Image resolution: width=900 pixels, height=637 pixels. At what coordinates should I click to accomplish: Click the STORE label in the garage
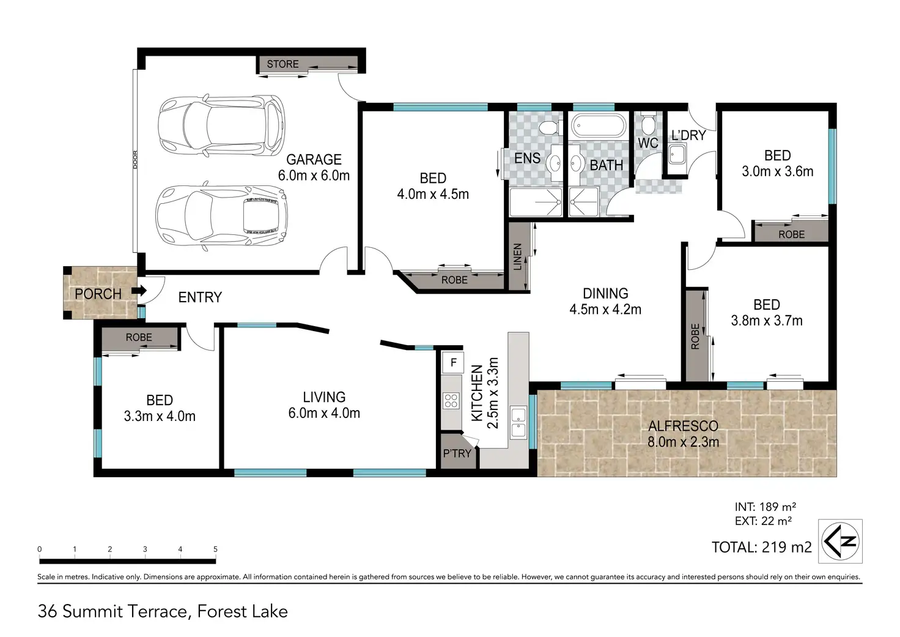(282, 64)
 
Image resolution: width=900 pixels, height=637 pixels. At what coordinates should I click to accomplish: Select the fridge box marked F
(453, 362)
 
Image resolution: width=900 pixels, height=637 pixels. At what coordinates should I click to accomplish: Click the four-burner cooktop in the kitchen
(451, 401)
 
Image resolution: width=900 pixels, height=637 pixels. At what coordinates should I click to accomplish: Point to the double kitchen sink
(518, 422)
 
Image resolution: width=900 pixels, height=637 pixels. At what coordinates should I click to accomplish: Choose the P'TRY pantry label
(457, 453)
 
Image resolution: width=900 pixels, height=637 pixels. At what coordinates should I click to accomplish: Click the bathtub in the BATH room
(599, 126)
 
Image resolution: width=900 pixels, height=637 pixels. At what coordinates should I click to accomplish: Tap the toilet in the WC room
(647, 125)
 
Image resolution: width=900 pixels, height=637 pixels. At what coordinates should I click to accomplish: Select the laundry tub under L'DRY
(677, 155)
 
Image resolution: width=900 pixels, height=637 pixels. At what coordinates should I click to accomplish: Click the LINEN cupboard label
(517, 256)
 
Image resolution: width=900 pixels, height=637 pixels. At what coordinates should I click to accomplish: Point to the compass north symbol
(840, 542)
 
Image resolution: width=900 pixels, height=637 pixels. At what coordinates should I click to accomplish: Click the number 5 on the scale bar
(215, 549)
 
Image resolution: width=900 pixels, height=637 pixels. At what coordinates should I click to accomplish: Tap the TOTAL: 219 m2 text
(762, 547)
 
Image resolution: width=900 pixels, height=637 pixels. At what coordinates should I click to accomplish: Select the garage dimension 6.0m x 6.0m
(314, 176)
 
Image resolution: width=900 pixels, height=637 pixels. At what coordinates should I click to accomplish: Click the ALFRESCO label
(684, 426)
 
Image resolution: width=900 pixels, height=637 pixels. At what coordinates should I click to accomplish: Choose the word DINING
(605, 294)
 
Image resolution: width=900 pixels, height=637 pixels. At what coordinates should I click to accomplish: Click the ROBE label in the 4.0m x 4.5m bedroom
(454, 280)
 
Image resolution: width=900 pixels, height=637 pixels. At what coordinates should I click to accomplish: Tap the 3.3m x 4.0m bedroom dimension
(160, 416)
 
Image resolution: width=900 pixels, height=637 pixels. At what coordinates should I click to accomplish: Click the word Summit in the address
(93, 612)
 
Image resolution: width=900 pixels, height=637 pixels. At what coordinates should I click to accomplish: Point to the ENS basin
(556, 163)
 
